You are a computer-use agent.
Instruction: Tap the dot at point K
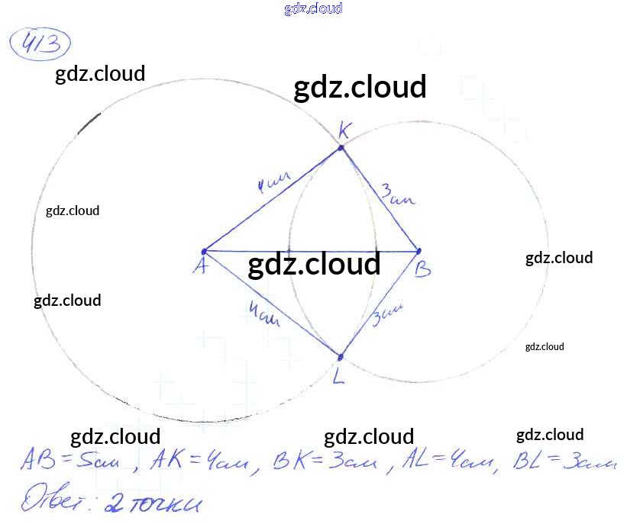coord(341,147)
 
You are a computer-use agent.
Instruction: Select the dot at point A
coord(204,251)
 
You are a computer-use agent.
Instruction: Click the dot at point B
coord(419,251)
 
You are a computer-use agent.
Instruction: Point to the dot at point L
coord(341,355)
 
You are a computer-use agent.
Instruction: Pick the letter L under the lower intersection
coord(339,375)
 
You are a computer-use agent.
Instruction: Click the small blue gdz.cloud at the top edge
coord(312,8)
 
